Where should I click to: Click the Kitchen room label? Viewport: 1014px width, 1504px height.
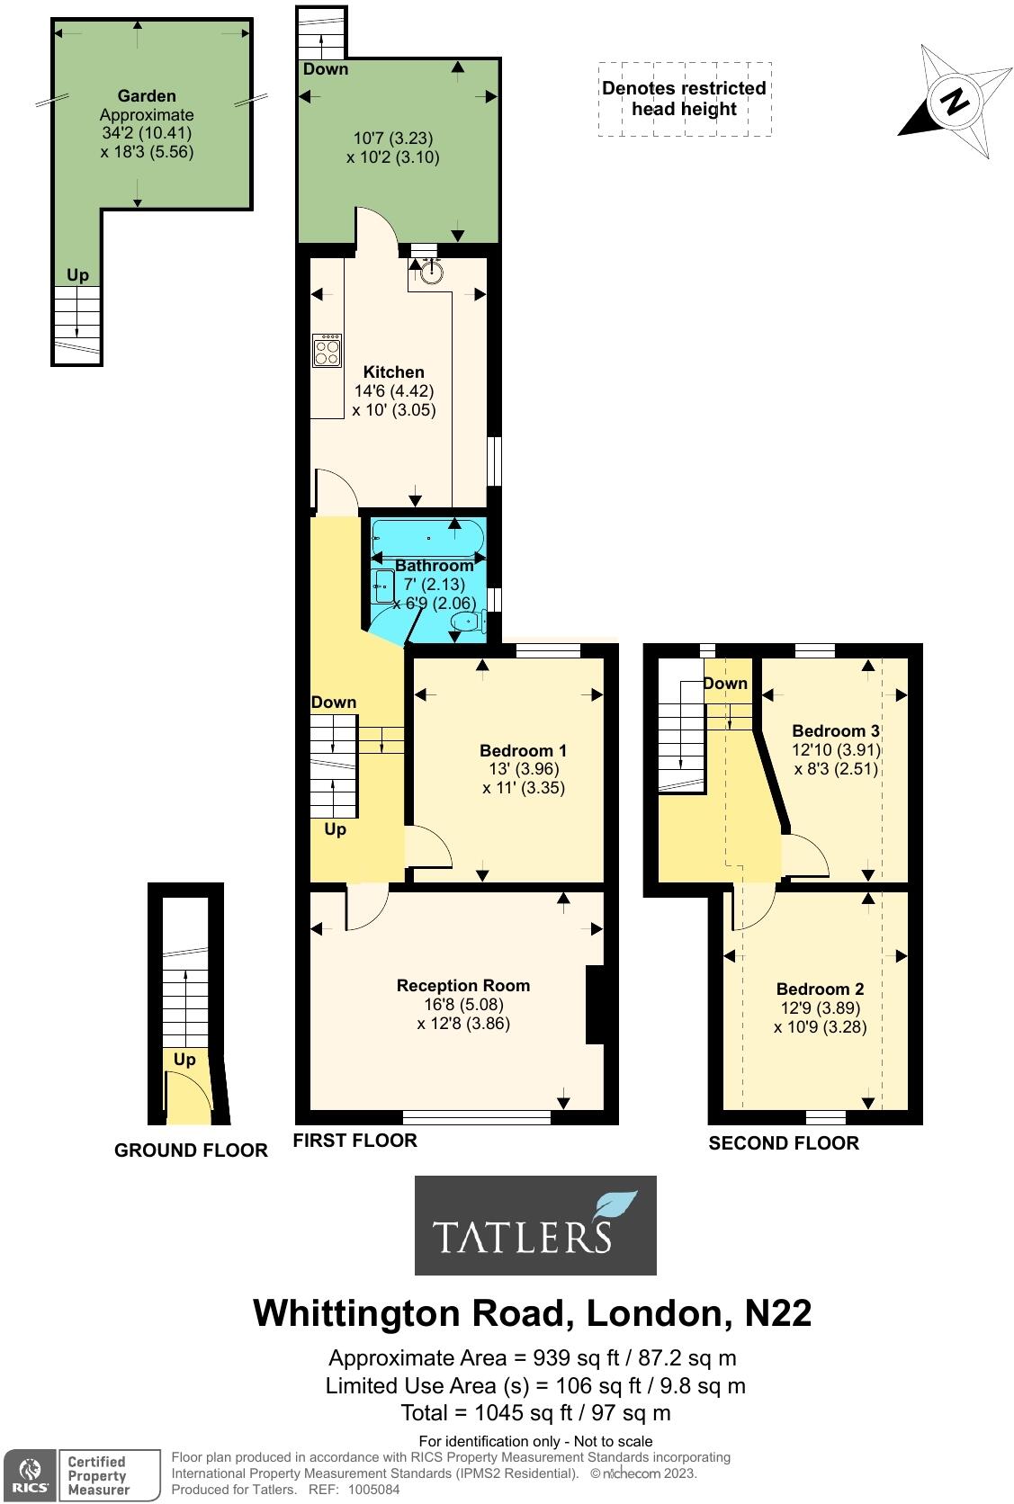click(393, 372)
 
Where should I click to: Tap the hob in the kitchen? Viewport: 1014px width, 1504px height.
click(327, 350)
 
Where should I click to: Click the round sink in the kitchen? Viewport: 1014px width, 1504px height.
click(432, 270)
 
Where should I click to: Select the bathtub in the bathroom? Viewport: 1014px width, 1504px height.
click(428, 537)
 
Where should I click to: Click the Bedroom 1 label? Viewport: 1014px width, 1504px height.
click(523, 750)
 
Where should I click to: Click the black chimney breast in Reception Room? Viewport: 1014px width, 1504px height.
click(595, 1004)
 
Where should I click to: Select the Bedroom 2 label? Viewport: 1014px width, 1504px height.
click(820, 989)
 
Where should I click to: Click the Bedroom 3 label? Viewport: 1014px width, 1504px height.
click(835, 730)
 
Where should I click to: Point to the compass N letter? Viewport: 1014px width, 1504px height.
click(955, 101)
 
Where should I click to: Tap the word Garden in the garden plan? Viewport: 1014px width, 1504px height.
click(147, 95)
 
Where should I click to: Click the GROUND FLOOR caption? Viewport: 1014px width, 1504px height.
click(191, 1150)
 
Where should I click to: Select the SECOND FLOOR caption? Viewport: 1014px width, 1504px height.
click(784, 1142)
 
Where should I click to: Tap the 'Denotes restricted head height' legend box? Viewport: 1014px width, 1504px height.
click(684, 99)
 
